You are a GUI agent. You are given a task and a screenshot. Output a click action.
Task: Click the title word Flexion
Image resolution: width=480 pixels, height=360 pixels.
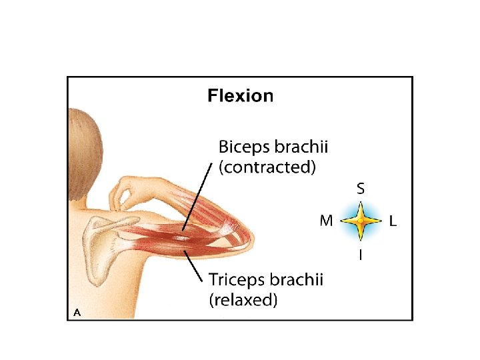coord(240,96)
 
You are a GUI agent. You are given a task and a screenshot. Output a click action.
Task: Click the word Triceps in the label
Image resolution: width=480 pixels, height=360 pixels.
coord(238,280)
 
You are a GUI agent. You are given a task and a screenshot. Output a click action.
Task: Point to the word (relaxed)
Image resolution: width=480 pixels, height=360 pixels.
coord(243,300)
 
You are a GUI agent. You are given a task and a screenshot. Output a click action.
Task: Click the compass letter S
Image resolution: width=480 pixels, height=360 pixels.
coord(360,189)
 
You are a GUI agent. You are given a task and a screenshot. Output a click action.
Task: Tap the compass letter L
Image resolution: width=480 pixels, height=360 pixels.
coord(393,221)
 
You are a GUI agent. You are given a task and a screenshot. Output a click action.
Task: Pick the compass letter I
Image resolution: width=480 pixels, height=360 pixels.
coord(360,254)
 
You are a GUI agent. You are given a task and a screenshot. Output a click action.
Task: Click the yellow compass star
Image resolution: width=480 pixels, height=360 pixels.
coord(360,221)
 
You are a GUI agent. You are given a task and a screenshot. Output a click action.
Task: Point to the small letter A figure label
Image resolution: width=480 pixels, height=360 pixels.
coord(77,311)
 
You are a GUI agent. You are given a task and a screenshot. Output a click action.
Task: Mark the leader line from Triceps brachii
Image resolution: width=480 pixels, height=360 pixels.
coord(195,267)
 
